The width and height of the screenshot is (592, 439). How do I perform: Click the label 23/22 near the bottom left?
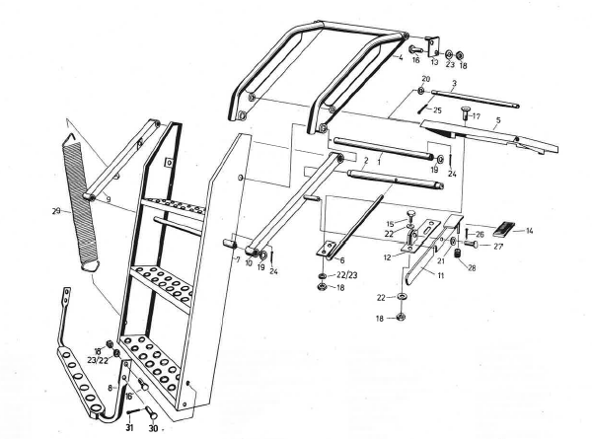tap(97, 361)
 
